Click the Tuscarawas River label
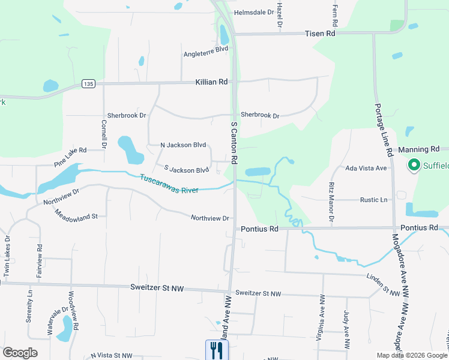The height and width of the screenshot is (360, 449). tap(169, 185)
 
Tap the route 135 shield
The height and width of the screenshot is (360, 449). tap(88, 84)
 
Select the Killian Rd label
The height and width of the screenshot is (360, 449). tap(211, 82)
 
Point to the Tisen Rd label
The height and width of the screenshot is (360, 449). tap(319, 34)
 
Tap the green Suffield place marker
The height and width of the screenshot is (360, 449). tap(414, 164)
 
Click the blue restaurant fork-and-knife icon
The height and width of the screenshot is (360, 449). tap(217, 350)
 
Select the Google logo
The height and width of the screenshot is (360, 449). tap(20, 353)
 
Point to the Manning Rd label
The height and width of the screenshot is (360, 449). tap(418, 149)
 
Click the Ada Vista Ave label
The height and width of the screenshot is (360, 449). tap(366, 168)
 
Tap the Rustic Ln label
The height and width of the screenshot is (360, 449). tap(373, 200)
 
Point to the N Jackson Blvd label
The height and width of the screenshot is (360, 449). tap(183, 145)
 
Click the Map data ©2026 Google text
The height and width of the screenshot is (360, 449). tap(412, 355)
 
